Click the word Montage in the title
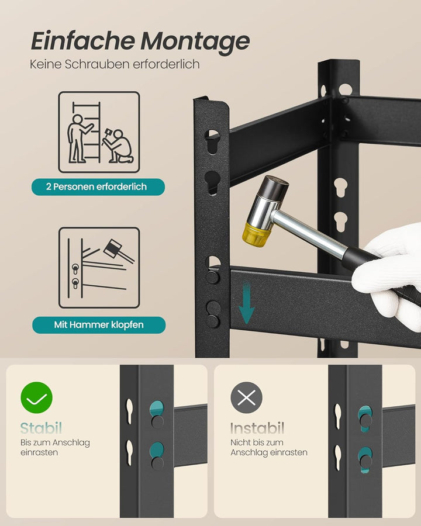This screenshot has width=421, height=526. tap(195, 42)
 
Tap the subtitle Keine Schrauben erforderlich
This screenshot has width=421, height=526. tap(115, 64)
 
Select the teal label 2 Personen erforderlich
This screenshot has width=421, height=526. tap(97, 187)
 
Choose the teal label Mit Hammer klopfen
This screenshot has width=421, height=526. tap(98, 325)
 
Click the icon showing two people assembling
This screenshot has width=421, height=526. tap(99, 132)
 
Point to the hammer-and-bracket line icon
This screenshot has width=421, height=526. tap(99, 268)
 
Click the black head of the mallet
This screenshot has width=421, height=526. tap(275, 188)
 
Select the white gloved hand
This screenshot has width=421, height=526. tap(389, 275)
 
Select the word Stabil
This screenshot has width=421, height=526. tap(41, 428)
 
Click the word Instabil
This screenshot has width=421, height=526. tap(257, 428)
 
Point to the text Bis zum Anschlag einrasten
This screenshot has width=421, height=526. tap(55, 448)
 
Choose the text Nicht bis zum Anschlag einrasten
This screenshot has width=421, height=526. tap(268, 448)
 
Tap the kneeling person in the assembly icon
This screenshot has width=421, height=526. tap(118, 148)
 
